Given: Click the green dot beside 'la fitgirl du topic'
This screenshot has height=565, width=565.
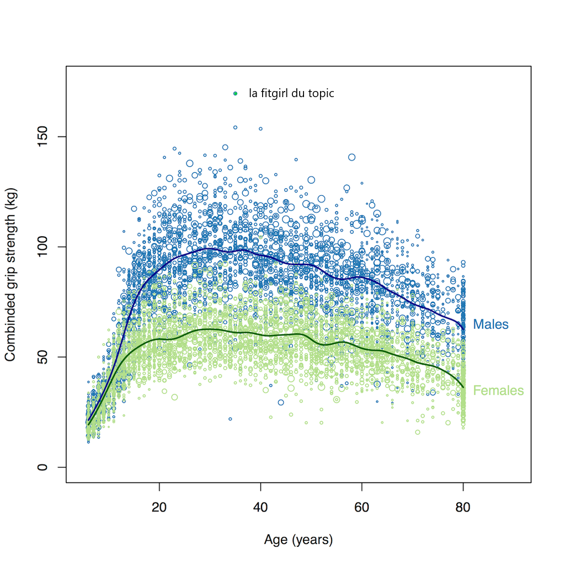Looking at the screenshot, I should click(x=236, y=94).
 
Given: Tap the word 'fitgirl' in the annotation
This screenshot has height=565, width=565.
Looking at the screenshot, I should click(x=274, y=94).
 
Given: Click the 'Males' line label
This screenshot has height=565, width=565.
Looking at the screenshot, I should click(x=491, y=324).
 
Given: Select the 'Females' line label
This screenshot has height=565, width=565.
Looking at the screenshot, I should click(x=498, y=391).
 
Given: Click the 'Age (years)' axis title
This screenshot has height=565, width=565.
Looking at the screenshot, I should click(x=299, y=540).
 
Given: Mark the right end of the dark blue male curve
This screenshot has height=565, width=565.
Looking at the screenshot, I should click(x=463, y=328).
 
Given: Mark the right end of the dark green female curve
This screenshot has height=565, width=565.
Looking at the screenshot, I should click(x=463, y=387).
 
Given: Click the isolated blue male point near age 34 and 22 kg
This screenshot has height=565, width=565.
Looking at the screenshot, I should click(x=230, y=419).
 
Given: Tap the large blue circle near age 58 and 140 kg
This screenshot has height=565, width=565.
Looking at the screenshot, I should click(x=351, y=157).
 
